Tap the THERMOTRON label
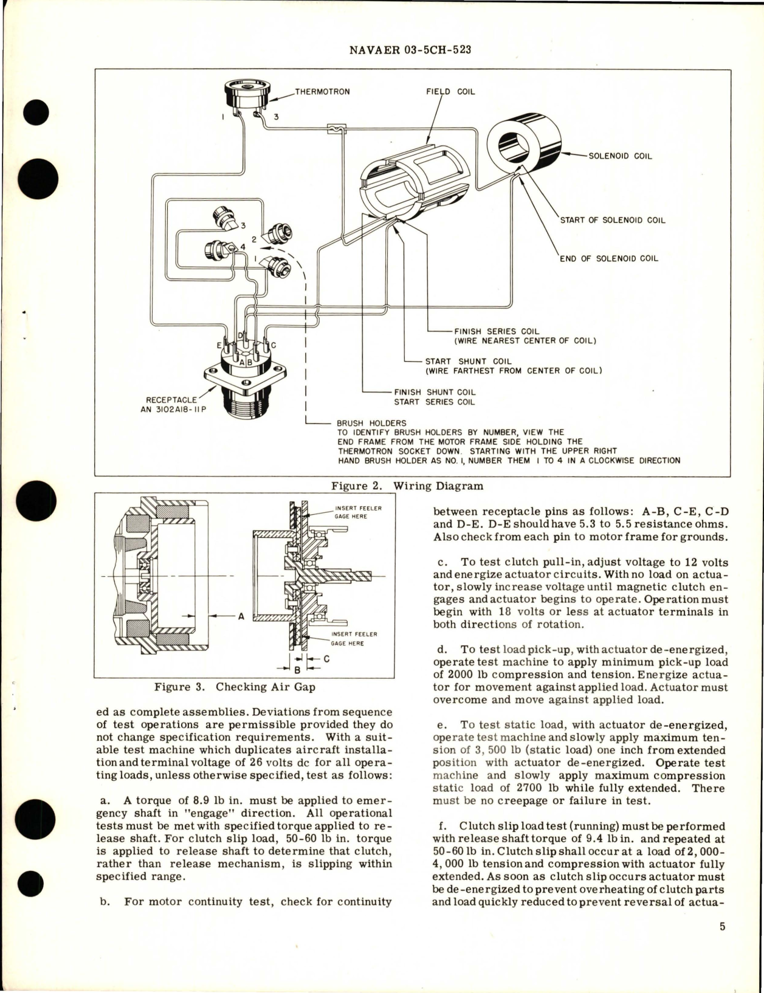click(x=322, y=92)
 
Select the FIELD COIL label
click(x=450, y=92)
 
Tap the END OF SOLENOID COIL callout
click(x=608, y=258)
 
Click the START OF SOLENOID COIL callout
click(x=612, y=220)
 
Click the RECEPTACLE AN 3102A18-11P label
click(x=176, y=405)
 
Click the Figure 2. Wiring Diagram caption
click(x=407, y=486)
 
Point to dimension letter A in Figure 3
click(x=241, y=616)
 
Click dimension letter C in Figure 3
click(x=326, y=658)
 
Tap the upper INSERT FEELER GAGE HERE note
click(x=357, y=512)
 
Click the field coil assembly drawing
click(x=413, y=182)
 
